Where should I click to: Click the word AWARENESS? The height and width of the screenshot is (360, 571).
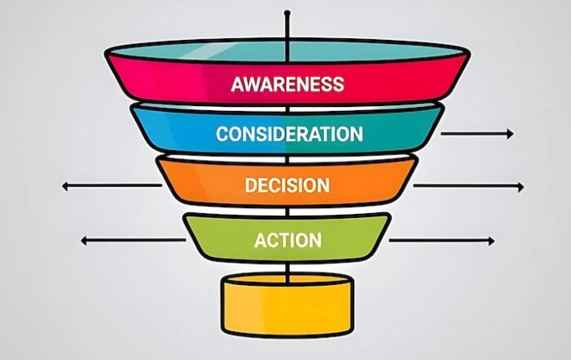288,84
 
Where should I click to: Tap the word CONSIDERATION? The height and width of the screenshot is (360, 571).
290,134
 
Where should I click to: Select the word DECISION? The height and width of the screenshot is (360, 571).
287,185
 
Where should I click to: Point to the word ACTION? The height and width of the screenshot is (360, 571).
288,241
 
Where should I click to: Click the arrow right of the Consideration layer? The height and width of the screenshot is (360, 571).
477,134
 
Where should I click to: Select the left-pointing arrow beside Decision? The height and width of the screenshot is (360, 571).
112,186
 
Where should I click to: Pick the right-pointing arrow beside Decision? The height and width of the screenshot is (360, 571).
469,187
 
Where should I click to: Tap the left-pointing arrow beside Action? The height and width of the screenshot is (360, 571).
133,240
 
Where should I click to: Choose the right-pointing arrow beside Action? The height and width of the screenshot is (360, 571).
442,241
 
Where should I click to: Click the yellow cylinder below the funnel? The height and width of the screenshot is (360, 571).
287,304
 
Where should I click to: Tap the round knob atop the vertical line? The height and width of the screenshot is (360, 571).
287,13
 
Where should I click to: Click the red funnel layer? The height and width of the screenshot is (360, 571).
288,78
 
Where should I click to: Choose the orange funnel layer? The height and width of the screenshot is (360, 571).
287,182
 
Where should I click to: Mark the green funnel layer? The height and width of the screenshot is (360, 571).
287,238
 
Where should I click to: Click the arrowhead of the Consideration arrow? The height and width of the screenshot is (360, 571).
511,134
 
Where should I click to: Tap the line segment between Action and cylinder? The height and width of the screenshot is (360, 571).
288,271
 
